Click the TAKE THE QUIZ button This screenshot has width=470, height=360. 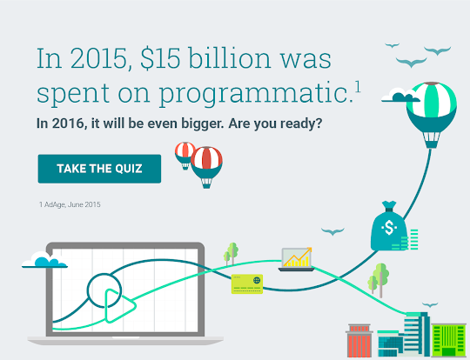point(99,169)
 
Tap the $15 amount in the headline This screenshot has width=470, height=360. point(160,58)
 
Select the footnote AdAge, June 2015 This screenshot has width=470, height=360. point(72,204)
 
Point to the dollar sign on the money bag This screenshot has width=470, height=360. point(389,228)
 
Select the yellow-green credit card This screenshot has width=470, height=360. point(247,284)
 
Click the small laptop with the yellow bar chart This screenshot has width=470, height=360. point(297,259)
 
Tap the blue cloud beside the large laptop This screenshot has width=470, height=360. point(44,261)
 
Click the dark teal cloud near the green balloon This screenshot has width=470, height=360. point(399,96)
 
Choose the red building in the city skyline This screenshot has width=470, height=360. point(359,341)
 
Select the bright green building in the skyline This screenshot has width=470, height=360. point(449,340)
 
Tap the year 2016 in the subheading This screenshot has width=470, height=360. point(68,123)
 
